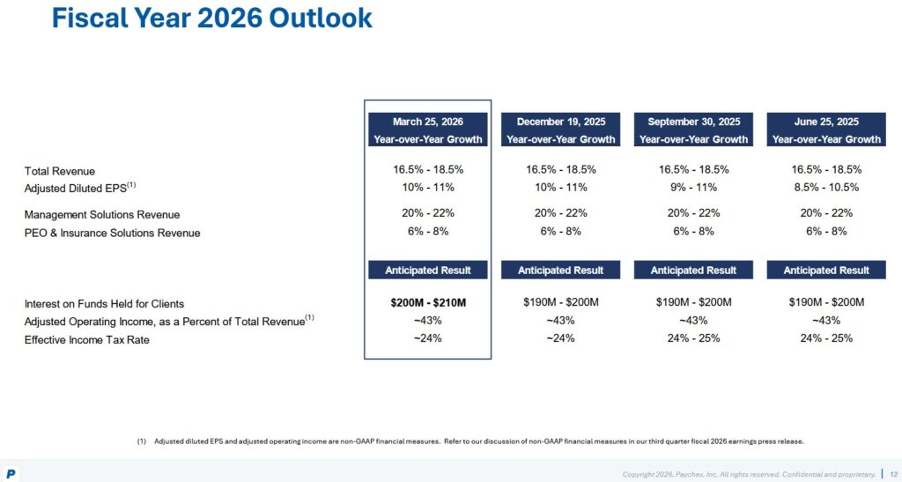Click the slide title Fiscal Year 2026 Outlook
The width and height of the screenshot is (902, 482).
[x=211, y=19]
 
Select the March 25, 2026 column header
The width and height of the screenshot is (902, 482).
[x=427, y=130]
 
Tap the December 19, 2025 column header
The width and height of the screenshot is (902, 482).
[x=560, y=130]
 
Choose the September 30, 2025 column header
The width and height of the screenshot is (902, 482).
[x=693, y=130]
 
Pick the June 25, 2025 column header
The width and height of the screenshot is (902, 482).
[x=826, y=130]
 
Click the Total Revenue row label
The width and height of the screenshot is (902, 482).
[x=60, y=171]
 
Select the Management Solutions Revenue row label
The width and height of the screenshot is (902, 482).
[x=102, y=215]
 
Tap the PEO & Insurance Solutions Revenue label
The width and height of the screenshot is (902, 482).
[x=112, y=233]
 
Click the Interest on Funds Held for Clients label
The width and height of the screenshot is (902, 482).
[x=104, y=304]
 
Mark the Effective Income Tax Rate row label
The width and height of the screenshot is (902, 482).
[x=86, y=340]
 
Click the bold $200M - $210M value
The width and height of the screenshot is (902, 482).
[x=427, y=303]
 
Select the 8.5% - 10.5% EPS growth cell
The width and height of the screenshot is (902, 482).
[x=826, y=187]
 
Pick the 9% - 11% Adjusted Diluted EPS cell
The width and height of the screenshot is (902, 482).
[x=693, y=187]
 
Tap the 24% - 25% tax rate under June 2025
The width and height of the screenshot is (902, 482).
[x=826, y=338]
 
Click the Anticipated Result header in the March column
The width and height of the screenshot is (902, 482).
[x=427, y=270]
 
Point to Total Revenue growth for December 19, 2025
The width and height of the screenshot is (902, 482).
[x=560, y=169]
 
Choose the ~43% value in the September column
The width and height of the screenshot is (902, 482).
[x=693, y=321]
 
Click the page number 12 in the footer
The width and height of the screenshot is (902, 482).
[x=893, y=474]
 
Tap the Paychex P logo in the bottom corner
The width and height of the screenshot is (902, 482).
[x=11, y=474]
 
